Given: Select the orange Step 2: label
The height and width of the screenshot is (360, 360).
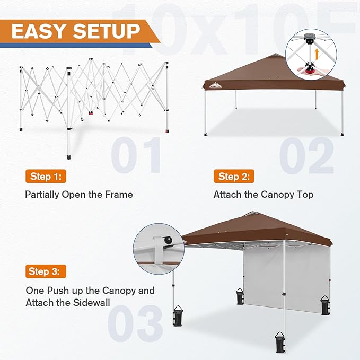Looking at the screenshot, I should [234, 176].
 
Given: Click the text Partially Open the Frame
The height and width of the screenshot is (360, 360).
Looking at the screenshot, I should [79, 195].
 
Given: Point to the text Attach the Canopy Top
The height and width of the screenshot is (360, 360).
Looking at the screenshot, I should [264, 195].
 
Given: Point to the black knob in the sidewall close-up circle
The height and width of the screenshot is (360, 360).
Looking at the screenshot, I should [169, 242].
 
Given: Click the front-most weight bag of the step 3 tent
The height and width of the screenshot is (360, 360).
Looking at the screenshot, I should [279, 343].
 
